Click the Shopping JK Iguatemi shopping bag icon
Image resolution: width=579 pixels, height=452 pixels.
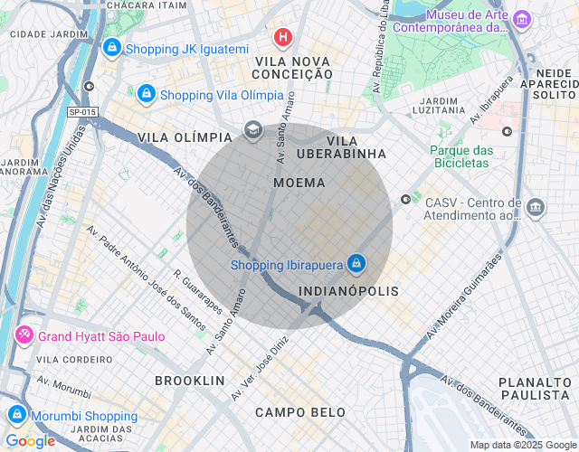tap(112, 48)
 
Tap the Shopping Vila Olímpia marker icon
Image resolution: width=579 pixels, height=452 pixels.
tap(147, 94)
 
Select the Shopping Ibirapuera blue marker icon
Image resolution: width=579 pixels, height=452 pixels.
tap(356, 264)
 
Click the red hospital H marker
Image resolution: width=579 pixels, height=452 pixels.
tap(283, 37)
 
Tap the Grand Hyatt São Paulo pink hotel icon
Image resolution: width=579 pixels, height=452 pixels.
tap(24, 336)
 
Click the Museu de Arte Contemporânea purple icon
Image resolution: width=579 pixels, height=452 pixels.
tap(521, 19)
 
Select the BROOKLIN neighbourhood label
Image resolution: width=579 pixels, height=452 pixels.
tap(189, 381)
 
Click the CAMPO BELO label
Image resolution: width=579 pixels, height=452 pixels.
tap(300, 412)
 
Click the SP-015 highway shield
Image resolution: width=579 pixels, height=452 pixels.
tap(81, 112)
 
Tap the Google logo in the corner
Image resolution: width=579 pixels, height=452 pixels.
tap(30, 441)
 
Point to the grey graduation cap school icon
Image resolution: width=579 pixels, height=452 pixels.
tap(252, 131)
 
